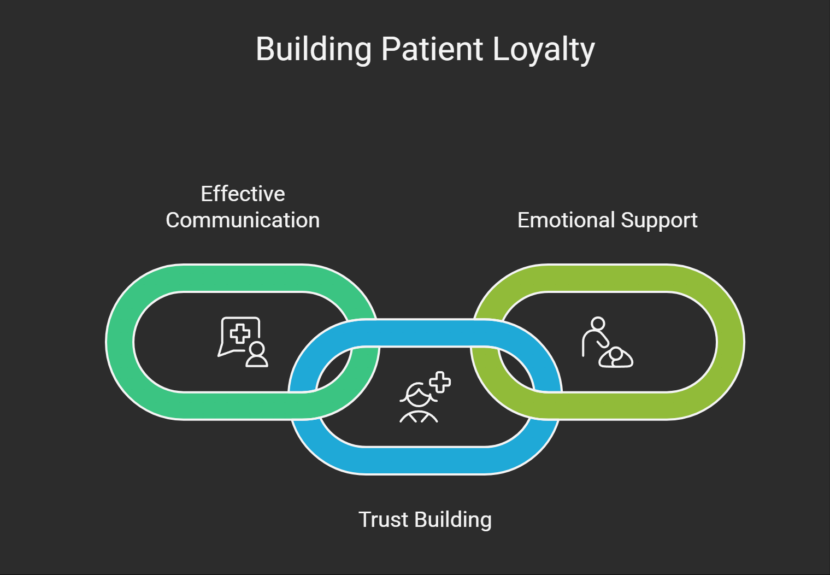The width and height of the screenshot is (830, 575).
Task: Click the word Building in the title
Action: [314, 50]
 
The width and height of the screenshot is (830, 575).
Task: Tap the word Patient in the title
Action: [432, 50]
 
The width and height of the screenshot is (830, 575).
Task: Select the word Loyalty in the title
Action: [543, 50]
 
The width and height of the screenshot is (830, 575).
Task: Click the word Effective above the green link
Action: [243, 194]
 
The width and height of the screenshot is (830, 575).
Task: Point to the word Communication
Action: [243, 220]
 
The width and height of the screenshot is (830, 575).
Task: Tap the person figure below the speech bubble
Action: [257, 355]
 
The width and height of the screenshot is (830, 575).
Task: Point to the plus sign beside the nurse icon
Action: [440, 382]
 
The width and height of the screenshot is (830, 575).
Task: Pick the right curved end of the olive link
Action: [730, 342]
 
